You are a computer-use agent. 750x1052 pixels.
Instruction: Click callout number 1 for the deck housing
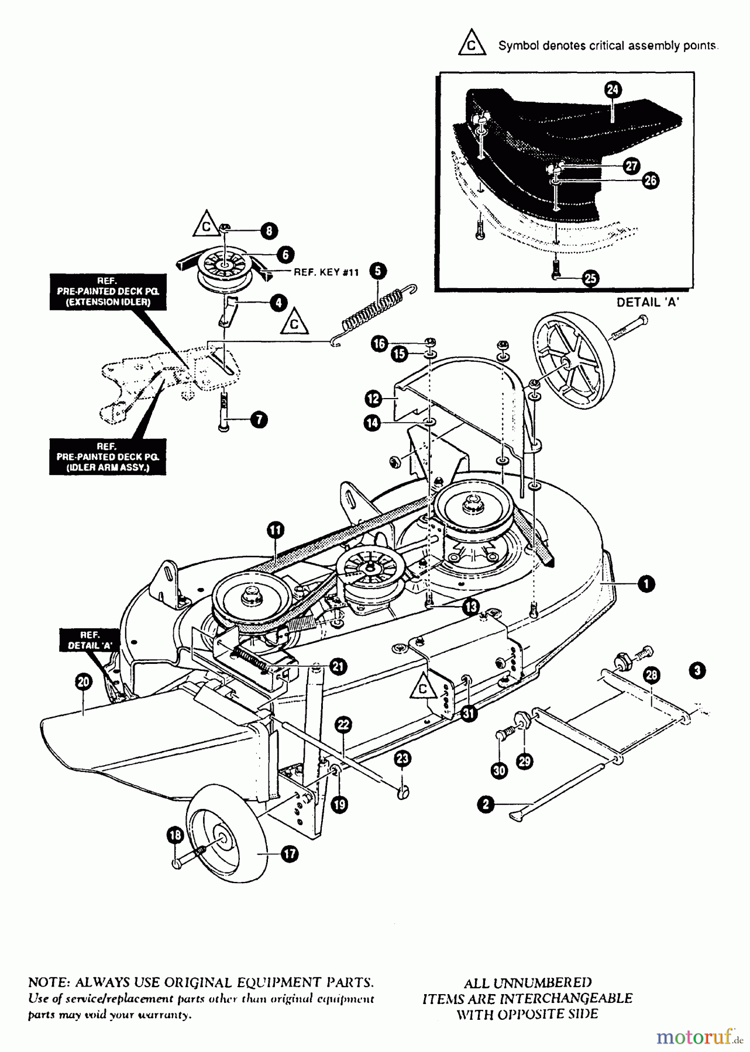646,583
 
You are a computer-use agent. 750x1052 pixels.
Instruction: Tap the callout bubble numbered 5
377,271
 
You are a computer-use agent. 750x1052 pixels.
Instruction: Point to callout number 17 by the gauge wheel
290,854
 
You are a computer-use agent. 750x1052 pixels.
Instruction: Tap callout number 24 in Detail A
613,89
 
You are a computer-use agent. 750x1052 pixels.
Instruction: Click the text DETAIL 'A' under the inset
648,303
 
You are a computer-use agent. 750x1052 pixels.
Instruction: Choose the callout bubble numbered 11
275,530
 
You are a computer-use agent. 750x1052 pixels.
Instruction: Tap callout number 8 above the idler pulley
269,231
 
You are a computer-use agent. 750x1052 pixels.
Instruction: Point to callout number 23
402,759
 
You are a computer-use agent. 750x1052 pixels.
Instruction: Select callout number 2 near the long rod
486,805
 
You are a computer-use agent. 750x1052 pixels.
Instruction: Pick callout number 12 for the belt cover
373,400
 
